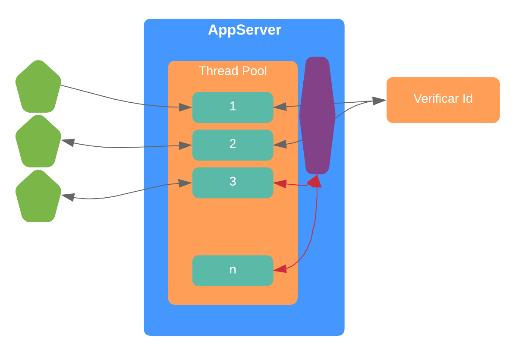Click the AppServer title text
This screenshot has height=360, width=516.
244,30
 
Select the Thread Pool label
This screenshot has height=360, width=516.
233,71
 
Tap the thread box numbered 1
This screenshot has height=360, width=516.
233,107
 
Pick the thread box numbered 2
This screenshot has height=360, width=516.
233,145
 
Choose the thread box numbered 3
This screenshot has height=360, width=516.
233,182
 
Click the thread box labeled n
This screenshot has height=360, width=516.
233,270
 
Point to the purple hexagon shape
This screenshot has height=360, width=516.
317,115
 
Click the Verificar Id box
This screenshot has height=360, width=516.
443,100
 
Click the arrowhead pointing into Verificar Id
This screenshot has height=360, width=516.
379,101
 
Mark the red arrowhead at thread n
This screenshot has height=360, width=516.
280,269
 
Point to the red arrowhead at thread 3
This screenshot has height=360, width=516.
280,184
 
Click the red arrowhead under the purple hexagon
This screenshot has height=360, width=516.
316,181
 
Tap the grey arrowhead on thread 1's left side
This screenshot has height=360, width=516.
186,107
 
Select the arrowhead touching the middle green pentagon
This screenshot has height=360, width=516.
68,142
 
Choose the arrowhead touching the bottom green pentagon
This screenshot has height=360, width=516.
68,197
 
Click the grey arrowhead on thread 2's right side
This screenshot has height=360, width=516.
280,144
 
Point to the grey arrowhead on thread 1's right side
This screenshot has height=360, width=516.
280,106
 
